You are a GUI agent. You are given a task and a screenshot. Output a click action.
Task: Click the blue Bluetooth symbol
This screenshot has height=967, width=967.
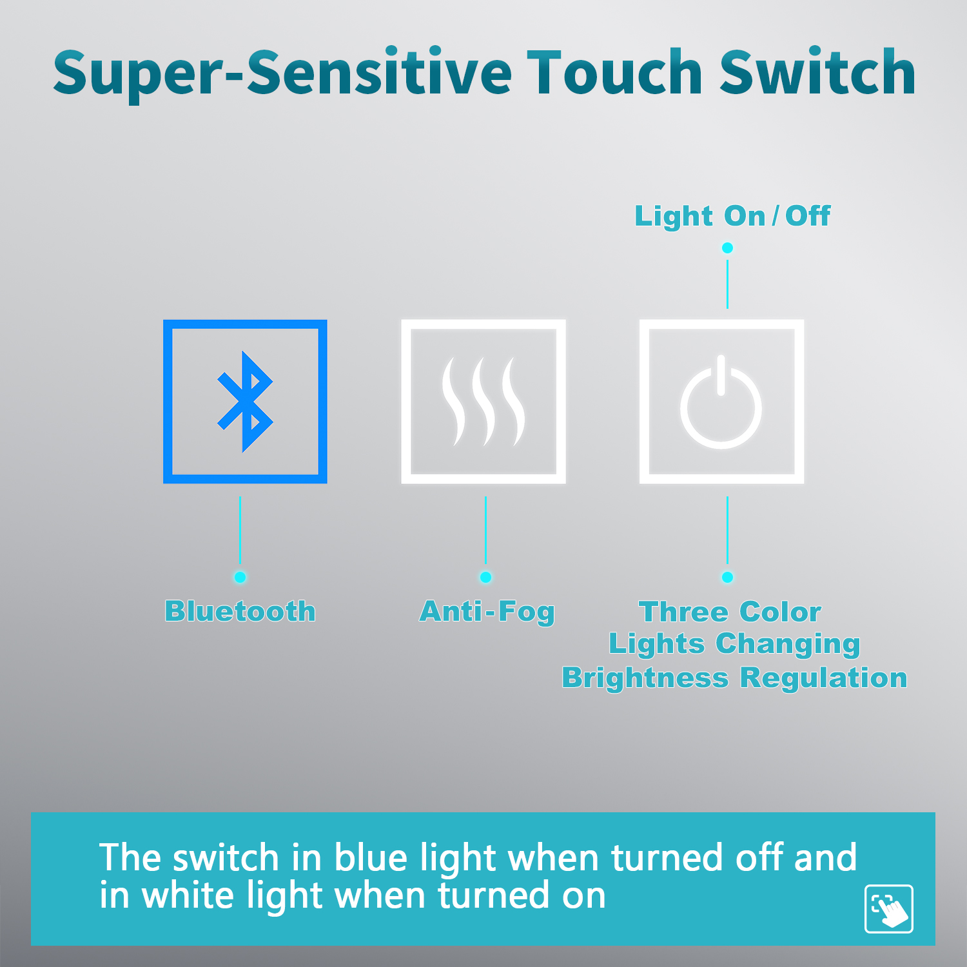245,401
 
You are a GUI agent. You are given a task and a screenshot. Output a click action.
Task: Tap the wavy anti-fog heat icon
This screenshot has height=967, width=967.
483,401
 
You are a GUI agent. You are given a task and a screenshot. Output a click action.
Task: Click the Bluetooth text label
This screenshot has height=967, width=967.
240,611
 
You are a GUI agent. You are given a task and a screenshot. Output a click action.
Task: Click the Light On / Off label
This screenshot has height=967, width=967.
732,216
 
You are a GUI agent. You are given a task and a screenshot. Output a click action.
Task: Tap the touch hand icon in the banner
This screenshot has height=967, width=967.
889,909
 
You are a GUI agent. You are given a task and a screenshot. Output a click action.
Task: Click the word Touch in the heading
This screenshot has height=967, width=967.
614,72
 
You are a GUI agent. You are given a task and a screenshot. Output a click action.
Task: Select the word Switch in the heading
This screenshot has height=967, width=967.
817,72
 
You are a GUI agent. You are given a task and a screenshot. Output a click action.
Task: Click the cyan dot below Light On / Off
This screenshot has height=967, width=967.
727,248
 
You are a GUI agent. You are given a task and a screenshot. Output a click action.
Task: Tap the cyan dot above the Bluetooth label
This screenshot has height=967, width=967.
240,577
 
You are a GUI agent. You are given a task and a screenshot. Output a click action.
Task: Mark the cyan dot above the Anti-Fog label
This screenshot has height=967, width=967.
485,577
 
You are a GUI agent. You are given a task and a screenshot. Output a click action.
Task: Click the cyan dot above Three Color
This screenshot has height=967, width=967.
727,577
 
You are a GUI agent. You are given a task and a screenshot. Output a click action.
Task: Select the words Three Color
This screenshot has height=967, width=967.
730,612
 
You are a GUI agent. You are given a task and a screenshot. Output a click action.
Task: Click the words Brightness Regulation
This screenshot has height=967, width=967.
734,678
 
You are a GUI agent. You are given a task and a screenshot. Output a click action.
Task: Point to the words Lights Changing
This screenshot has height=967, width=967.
734,645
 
